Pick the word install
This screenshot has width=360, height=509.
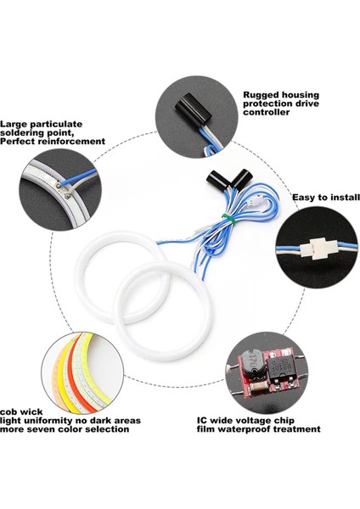tap(341, 197)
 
